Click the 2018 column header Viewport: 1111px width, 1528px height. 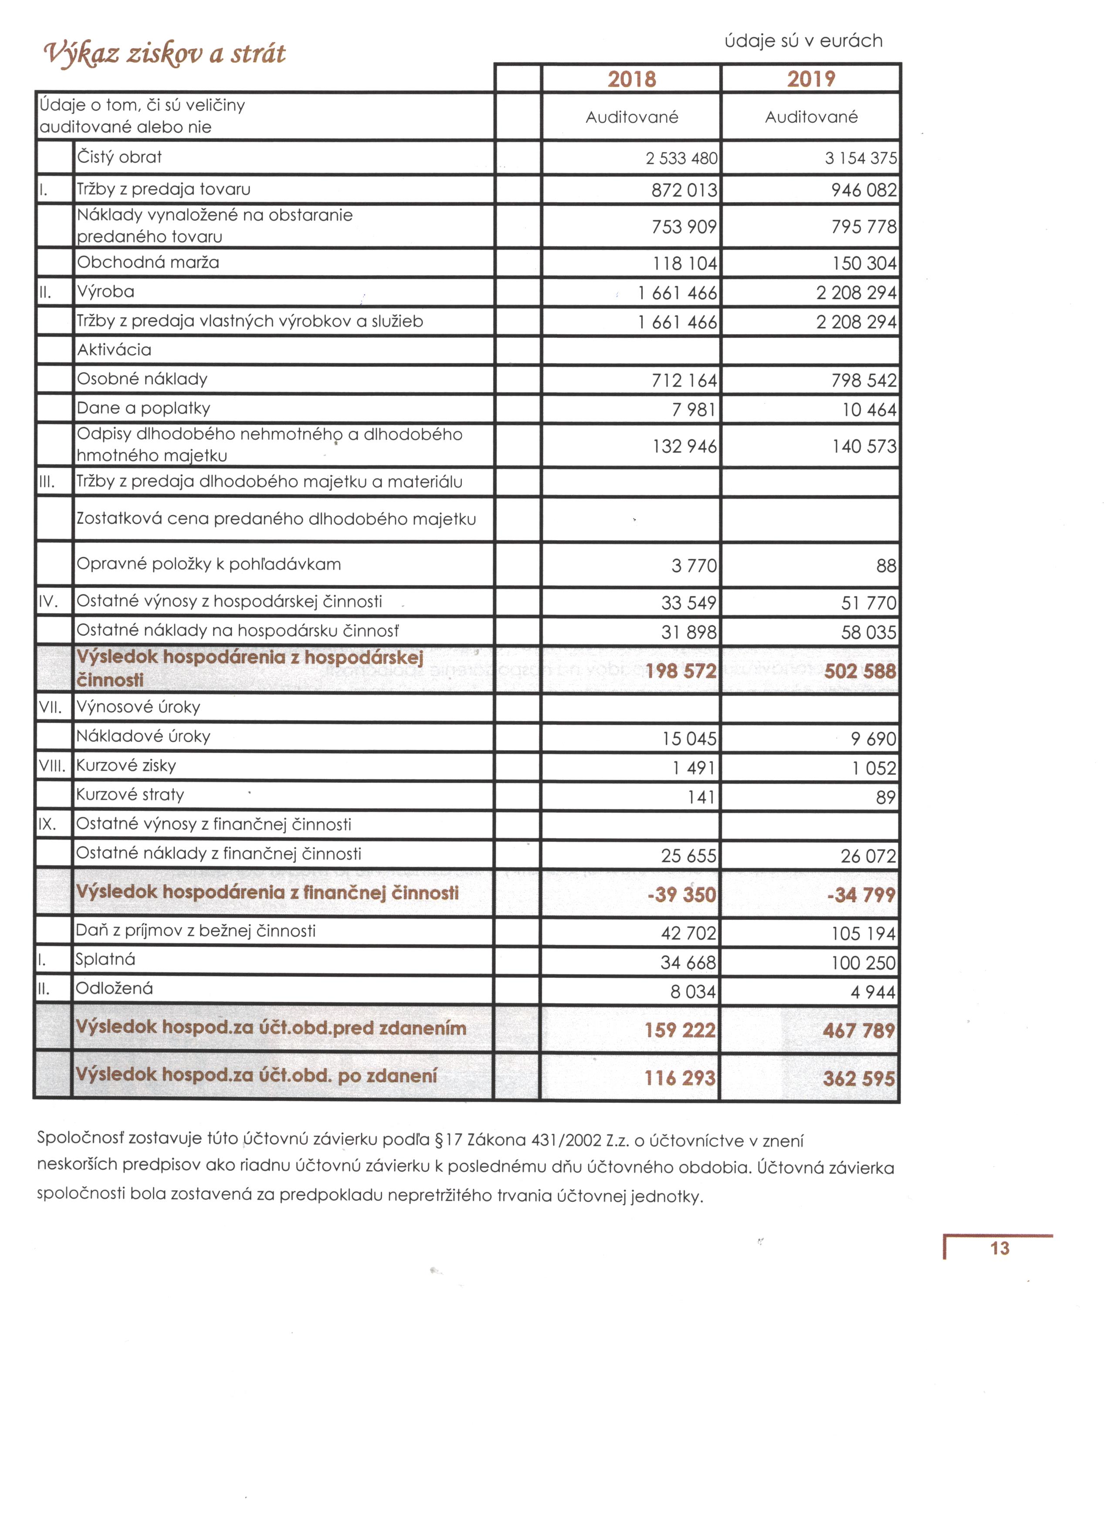pyautogui.click(x=631, y=79)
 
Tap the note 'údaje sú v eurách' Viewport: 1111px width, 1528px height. pyautogui.click(x=803, y=41)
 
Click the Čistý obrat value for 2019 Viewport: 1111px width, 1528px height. pyautogui.click(x=860, y=158)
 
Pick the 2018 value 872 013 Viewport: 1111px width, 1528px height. pyautogui.click(x=684, y=190)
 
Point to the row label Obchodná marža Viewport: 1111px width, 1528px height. pyautogui.click(x=148, y=262)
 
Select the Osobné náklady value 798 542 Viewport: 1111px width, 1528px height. pyautogui.click(x=863, y=381)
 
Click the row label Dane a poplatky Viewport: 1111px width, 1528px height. pyautogui.click(x=143, y=408)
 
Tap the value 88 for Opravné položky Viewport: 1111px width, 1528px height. pyautogui.click(x=886, y=566)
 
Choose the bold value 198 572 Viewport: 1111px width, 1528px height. pyautogui.click(x=681, y=671)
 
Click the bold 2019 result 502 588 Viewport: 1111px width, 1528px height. pyautogui.click(x=860, y=671)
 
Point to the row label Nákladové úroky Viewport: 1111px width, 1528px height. pyautogui.click(x=143, y=737)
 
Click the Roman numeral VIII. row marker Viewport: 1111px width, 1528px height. pyautogui.click(x=52, y=766)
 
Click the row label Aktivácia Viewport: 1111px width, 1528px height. pyautogui.click(x=115, y=350)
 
